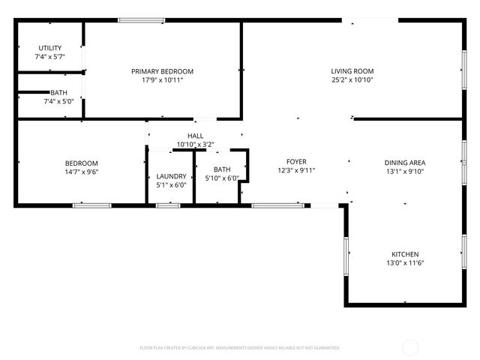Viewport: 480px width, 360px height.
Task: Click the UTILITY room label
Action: tap(49, 48)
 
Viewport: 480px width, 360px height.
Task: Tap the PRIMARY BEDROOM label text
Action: tap(162, 71)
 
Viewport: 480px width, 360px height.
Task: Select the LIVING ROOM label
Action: tap(352, 71)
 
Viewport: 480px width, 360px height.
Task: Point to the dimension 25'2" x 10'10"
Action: tap(352, 79)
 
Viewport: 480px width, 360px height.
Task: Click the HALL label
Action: tap(195, 136)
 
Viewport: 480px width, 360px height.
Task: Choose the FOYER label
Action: tap(296, 161)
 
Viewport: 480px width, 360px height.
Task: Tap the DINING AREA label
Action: tap(405, 163)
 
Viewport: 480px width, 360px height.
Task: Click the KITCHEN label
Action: tap(405, 254)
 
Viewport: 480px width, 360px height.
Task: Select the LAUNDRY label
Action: tap(171, 176)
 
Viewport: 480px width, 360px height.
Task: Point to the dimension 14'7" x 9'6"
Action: tap(81, 172)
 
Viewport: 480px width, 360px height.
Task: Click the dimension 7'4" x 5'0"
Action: tap(58, 101)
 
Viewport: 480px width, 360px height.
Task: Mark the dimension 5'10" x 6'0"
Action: tap(222, 178)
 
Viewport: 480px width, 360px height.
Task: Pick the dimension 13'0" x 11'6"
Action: tap(405, 262)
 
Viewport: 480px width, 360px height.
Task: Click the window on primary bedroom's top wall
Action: tap(140, 20)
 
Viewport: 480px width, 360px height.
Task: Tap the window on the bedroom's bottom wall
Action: tap(91, 205)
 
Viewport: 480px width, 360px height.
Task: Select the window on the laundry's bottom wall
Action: tap(168, 205)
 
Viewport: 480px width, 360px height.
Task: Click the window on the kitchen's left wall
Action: tap(346, 256)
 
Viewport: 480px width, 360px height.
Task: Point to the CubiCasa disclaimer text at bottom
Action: tap(240, 348)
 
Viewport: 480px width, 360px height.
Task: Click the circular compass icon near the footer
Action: tap(410, 347)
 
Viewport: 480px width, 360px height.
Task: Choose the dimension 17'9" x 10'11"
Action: tap(162, 79)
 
